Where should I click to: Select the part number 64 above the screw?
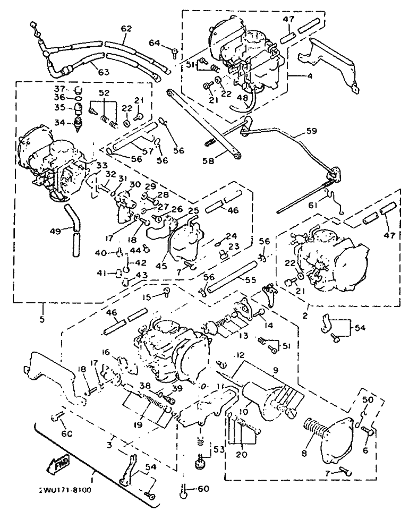click(154, 42)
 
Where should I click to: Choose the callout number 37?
click(59, 88)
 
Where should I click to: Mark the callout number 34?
click(59, 123)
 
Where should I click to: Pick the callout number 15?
click(147, 296)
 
